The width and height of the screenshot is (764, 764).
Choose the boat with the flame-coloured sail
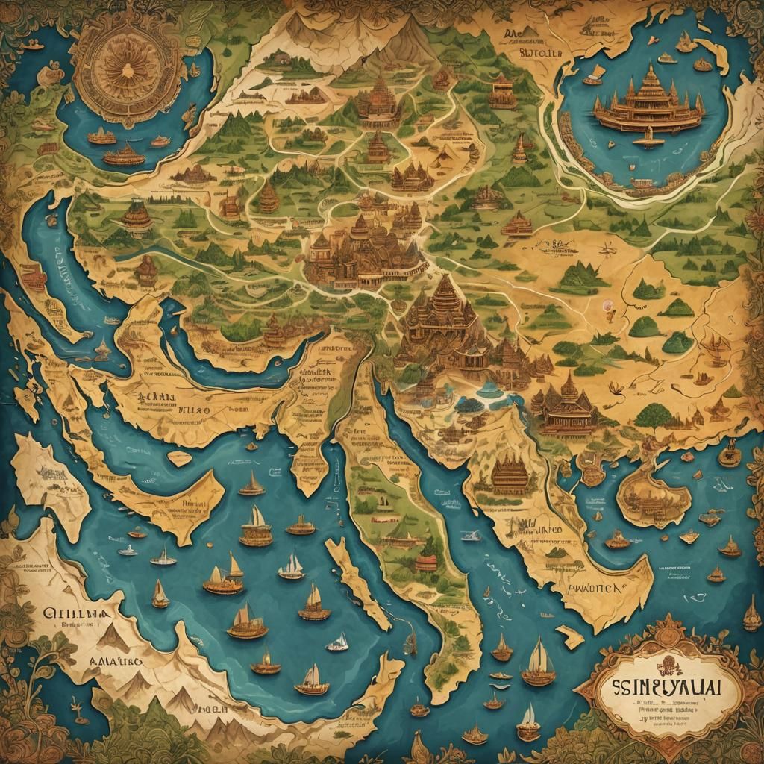point(266,660)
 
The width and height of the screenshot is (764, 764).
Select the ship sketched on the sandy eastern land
point(717,345)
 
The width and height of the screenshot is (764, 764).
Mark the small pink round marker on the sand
point(608,305)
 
